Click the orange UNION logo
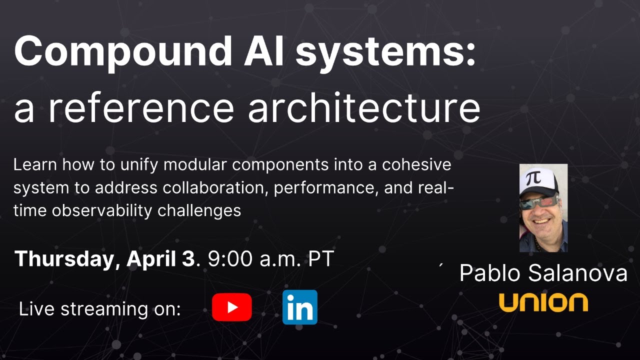[x=543, y=302]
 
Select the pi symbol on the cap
[x=534, y=178]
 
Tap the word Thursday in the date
[x=64, y=259]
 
